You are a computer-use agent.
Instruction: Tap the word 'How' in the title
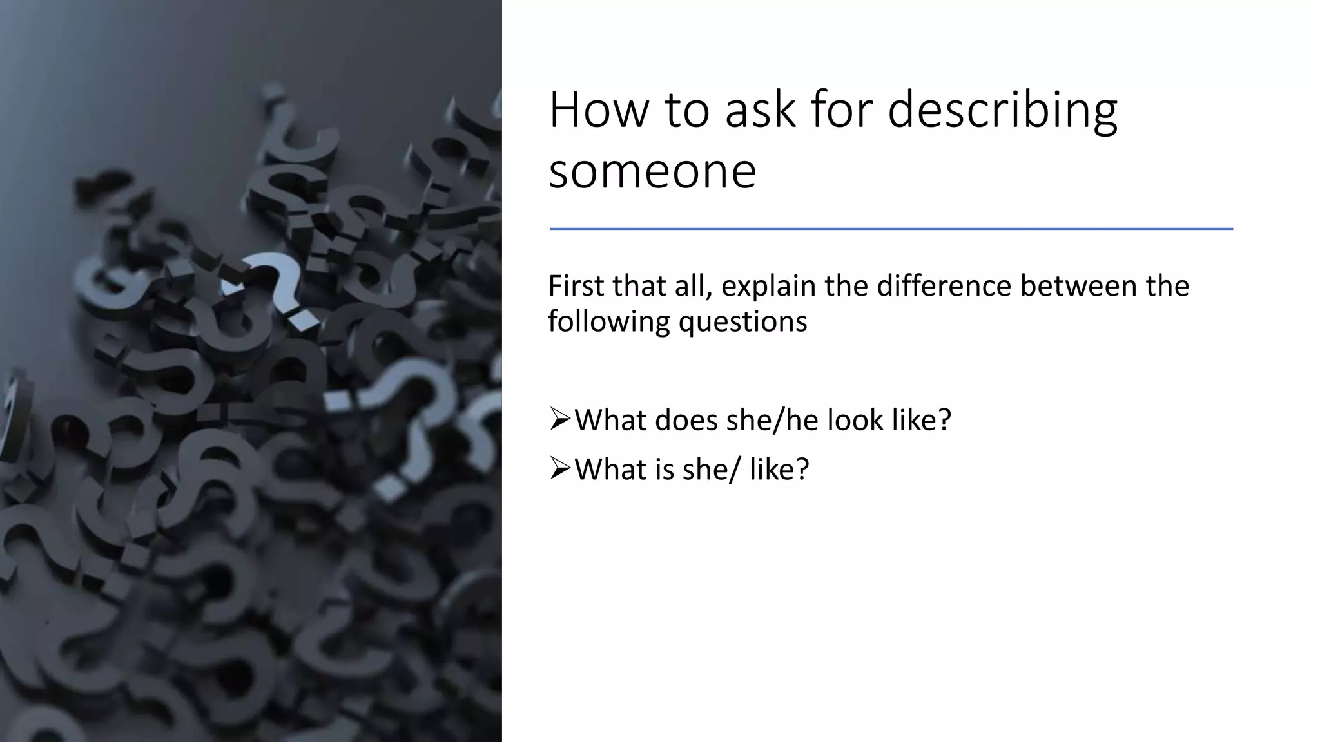(x=599, y=111)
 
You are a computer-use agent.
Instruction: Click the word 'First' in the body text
(x=576, y=286)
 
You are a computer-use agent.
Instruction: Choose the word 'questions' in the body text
(x=742, y=321)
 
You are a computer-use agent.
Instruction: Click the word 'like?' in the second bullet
(x=779, y=469)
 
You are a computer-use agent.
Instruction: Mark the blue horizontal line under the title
(x=891, y=229)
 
